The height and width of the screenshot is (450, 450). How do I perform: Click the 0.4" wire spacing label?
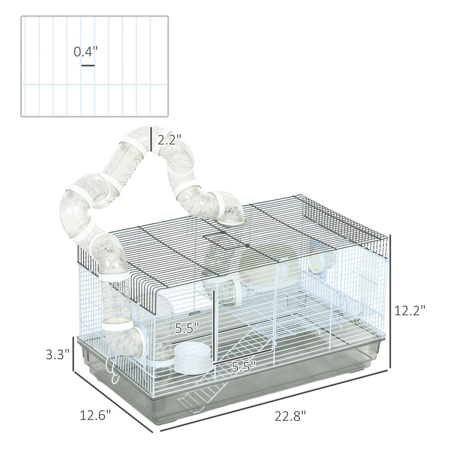pyautogui.click(x=86, y=52)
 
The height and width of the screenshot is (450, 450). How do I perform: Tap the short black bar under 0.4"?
pyautogui.click(x=88, y=66)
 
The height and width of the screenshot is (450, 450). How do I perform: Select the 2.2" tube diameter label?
pyautogui.click(x=169, y=140)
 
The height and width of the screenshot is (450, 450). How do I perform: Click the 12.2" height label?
pyautogui.click(x=409, y=310)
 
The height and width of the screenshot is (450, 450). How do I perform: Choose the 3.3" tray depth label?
pyautogui.click(x=58, y=354)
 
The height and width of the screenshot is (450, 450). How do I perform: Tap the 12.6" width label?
pyautogui.click(x=95, y=415)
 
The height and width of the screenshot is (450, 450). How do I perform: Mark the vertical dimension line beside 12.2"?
pyautogui.click(x=390, y=301)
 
